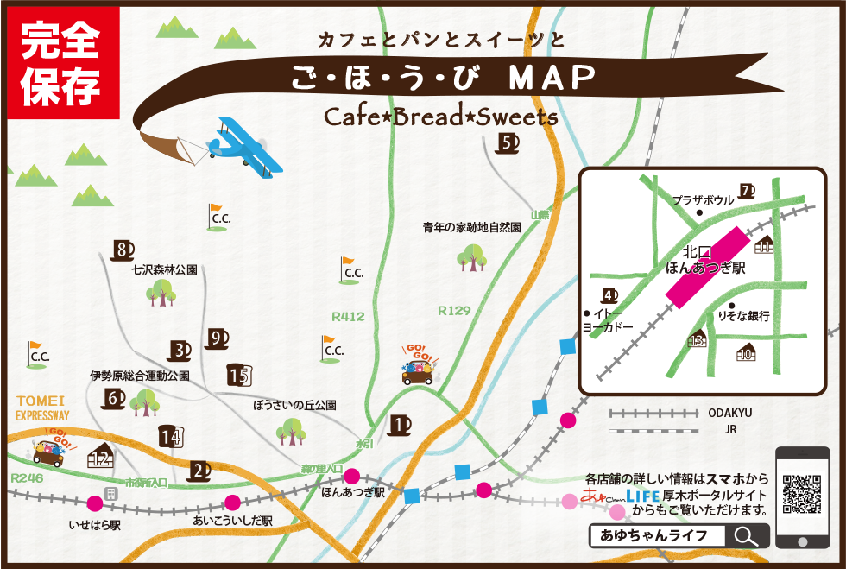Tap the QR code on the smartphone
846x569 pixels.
pos(802,496)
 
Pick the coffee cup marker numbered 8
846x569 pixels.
pos(123,250)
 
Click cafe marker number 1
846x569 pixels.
pos(399,425)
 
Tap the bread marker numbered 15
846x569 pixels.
pos(238,375)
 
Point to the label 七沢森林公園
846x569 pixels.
pos(164,269)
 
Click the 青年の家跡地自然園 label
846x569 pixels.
pos(471,228)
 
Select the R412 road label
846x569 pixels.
pos(348,317)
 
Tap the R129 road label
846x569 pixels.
pos(453,310)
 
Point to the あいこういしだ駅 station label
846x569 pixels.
pos(232,522)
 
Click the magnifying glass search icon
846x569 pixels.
pos(743,536)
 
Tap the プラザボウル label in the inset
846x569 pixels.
pos(703,199)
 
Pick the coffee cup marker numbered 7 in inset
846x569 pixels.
pos(747,191)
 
